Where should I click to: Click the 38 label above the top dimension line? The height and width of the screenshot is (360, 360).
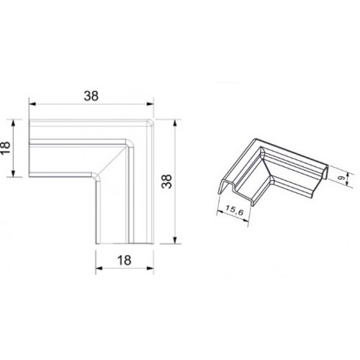point(91,96)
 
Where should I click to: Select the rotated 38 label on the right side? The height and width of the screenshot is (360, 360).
point(166,181)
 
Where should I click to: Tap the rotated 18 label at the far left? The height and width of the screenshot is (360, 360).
point(5,148)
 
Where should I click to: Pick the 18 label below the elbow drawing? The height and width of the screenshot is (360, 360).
point(125,260)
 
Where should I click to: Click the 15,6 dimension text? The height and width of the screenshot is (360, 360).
point(235,210)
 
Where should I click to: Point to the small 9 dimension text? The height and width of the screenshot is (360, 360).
point(343,179)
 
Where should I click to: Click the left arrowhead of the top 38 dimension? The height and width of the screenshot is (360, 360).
point(32,104)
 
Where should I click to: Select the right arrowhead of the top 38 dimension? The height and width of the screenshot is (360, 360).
point(150,104)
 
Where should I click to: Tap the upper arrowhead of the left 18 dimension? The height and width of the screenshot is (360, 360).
point(14,123)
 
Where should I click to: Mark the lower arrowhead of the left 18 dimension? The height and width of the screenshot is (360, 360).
point(14,174)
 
